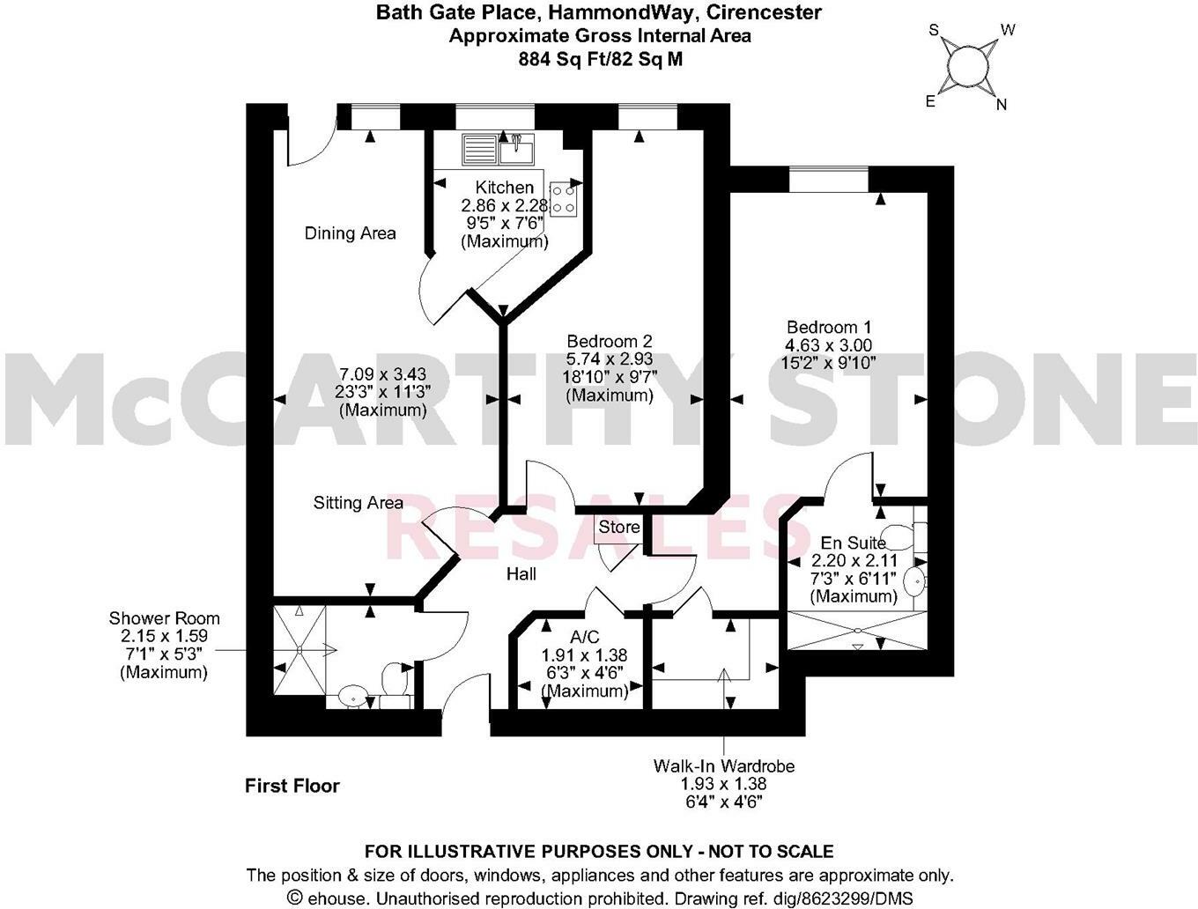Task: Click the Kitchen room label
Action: [x=504, y=188]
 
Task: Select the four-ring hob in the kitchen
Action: [x=564, y=200]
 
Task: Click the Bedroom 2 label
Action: [x=609, y=341]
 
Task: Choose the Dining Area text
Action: [x=350, y=233]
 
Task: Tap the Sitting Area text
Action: [x=358, y=503]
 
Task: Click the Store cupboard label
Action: [x=618, y=528]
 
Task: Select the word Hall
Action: [x=521, y=574]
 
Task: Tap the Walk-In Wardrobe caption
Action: [x=723, y=766]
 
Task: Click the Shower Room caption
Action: [x=164, y=618]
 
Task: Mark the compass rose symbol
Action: [x=968, y=66]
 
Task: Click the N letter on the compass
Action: [x=1002, y=105]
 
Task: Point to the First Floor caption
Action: [x=292, y=786]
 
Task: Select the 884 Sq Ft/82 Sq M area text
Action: [x=599, y=59]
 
